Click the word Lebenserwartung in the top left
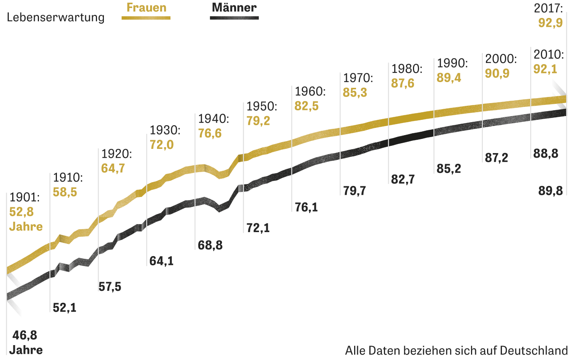56,18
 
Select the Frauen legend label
146,8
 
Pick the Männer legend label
234,8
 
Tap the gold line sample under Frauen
146,18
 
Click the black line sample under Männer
234,18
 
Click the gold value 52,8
21,212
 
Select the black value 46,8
25,335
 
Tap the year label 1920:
117,154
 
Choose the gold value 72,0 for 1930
162,145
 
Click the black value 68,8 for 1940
210,245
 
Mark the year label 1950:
262,106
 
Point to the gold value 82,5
306,106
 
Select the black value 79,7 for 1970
354,190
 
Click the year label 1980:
407,69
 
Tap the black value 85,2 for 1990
449,169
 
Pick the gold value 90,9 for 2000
497,73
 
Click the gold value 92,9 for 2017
550,23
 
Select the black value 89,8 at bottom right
550,190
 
